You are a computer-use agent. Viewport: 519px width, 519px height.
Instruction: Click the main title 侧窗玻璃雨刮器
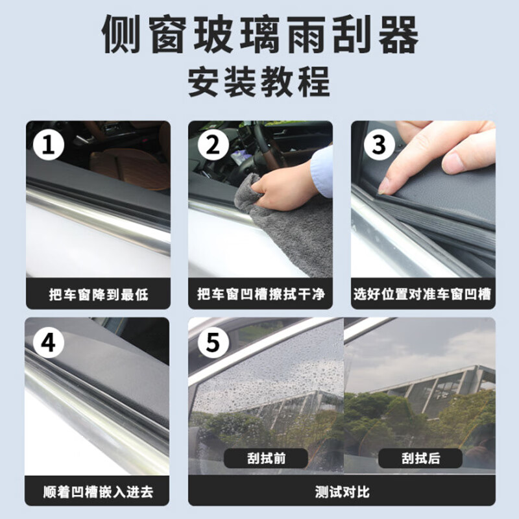[259, 36]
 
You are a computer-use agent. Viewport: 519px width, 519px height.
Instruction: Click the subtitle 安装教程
[259, 82]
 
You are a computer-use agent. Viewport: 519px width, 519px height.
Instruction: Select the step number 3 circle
[379, 145]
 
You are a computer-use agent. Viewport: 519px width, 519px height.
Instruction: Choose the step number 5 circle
[212, 342]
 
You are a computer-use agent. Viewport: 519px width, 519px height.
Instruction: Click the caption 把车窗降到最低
[98, 295]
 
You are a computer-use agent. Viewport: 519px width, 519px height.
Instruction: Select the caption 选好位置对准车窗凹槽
[423, 295]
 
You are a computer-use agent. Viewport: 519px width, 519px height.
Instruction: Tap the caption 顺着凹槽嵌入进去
[98, 490]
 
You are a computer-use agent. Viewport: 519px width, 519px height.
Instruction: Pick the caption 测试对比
[341, 490]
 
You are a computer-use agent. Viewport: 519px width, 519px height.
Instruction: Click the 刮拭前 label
[265, 458]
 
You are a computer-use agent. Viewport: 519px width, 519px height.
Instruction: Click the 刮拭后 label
[420, 458]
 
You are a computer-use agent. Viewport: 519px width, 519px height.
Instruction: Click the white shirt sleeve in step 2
[322, 170]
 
